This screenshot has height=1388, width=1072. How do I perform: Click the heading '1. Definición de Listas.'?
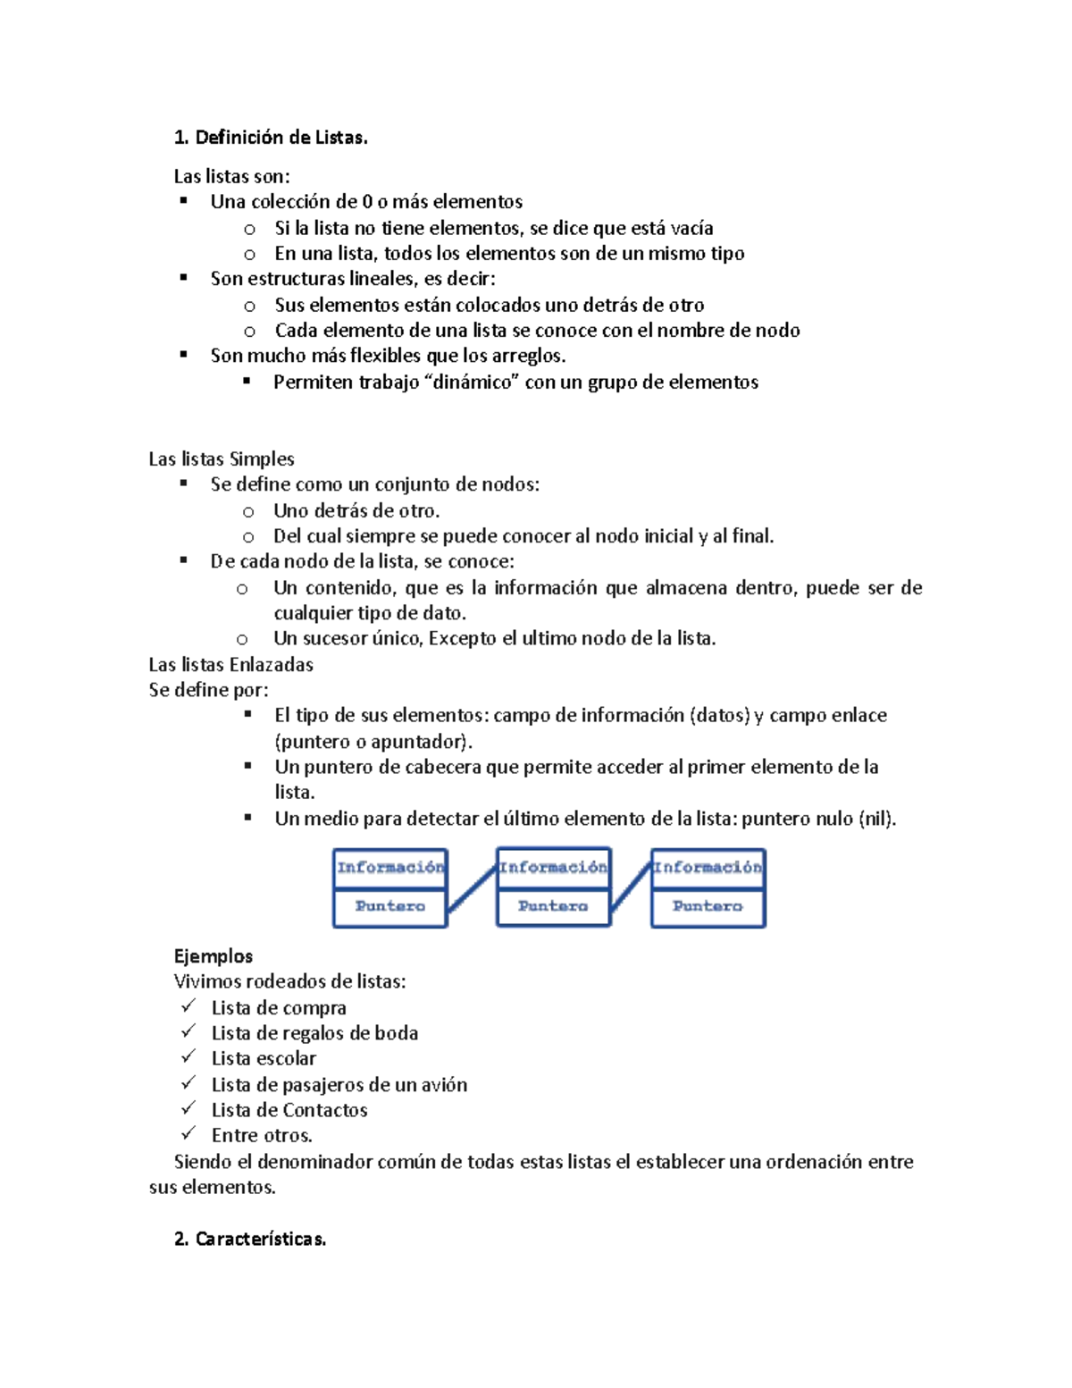point(271,138)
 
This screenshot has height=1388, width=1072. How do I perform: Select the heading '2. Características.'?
point(250,1239)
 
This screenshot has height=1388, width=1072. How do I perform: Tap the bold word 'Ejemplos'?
point(214,956)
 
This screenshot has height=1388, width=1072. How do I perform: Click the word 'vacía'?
point(691,228)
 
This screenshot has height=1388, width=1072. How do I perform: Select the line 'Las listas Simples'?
point(222,459)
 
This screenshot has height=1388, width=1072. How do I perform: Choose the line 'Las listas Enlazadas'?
point(230,665)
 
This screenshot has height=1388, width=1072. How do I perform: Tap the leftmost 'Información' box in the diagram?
point(390,868)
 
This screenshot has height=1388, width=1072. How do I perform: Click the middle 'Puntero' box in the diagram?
point(553,906)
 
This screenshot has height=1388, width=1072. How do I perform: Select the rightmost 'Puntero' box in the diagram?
point(708,906)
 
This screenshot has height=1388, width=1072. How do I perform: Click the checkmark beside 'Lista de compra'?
point(188,1007)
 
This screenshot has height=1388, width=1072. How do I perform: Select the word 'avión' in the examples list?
point(445,1085)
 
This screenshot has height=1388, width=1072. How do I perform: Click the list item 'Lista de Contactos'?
point(289,1110)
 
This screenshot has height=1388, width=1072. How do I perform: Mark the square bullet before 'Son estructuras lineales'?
point(184,278)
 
